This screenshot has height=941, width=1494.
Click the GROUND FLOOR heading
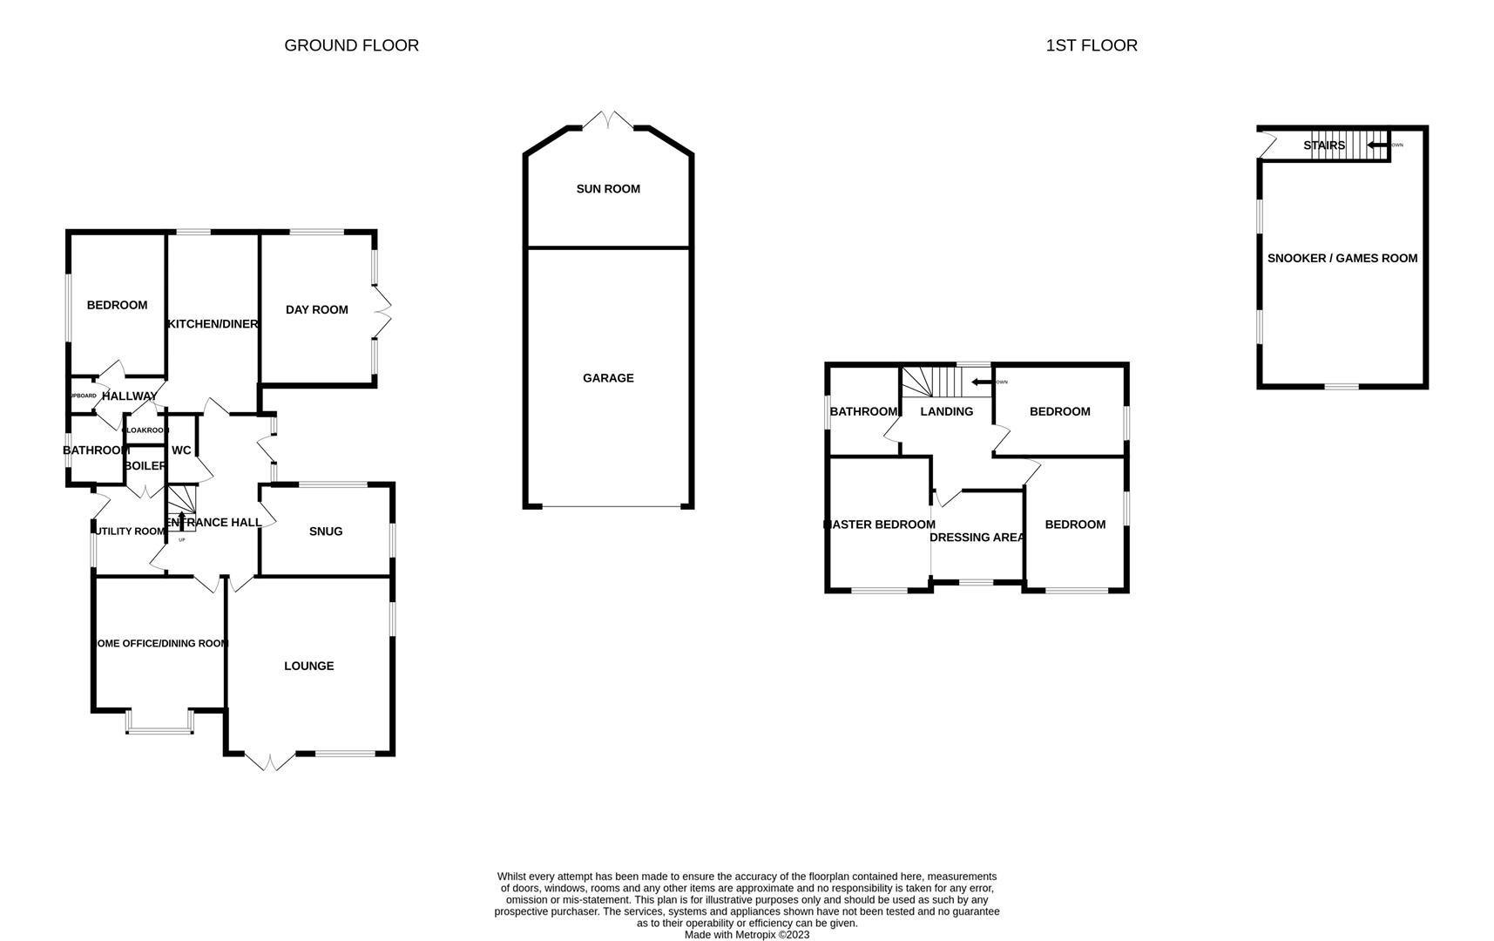pos(351,45)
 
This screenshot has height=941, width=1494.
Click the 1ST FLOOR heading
pos(1091,45)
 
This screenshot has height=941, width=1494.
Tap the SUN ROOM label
pos(608,189)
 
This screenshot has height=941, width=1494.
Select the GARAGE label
pos(608,378)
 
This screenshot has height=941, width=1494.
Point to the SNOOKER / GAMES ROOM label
pos(1342,258)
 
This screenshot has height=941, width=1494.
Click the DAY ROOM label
pos(316,309)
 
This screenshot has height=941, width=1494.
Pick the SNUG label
pos(326,531)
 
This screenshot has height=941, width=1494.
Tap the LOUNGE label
pos(308,666)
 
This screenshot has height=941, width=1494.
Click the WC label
pos(181,450)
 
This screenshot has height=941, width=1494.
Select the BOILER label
pos(145,466)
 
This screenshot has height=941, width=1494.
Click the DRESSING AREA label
pos(977,538)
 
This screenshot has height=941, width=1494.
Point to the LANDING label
pos(946,411)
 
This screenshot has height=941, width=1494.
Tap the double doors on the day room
pos(384,313)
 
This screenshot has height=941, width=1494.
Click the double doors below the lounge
pos(269,762)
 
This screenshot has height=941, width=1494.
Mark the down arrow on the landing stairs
pos(981,382)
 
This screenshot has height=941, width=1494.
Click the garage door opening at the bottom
pos(608,506)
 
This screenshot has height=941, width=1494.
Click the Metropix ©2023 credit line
pos(747,935)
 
